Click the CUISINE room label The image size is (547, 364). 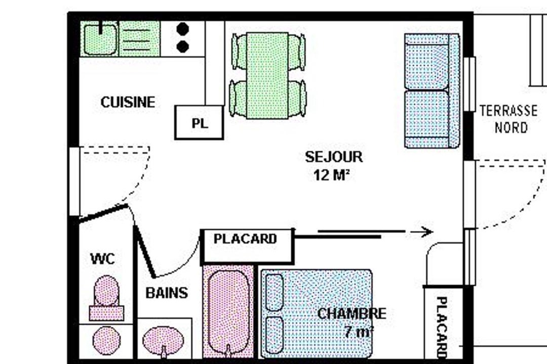coord(128,102)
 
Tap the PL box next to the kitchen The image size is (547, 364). coord(199,122)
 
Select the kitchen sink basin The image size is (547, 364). coord(100,39)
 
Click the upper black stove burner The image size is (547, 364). coord(182,29)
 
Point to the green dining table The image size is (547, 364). coord(267,76)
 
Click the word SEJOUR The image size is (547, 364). coord(334,157)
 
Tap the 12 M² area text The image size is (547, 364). coord(331,175)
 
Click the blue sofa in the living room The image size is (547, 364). coord(432,91)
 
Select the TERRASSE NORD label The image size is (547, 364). coord(509,119)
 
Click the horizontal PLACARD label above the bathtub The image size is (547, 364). coord(245,239)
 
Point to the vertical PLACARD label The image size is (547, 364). coord(442,328)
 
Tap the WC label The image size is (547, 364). coord(102,259)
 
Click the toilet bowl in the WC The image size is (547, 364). coord(106,291)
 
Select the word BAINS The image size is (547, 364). coord(167,293)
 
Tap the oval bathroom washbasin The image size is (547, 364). coord(163,340)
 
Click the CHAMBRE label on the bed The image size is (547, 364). coord(351,313)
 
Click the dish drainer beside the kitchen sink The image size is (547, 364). coord(139,39)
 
